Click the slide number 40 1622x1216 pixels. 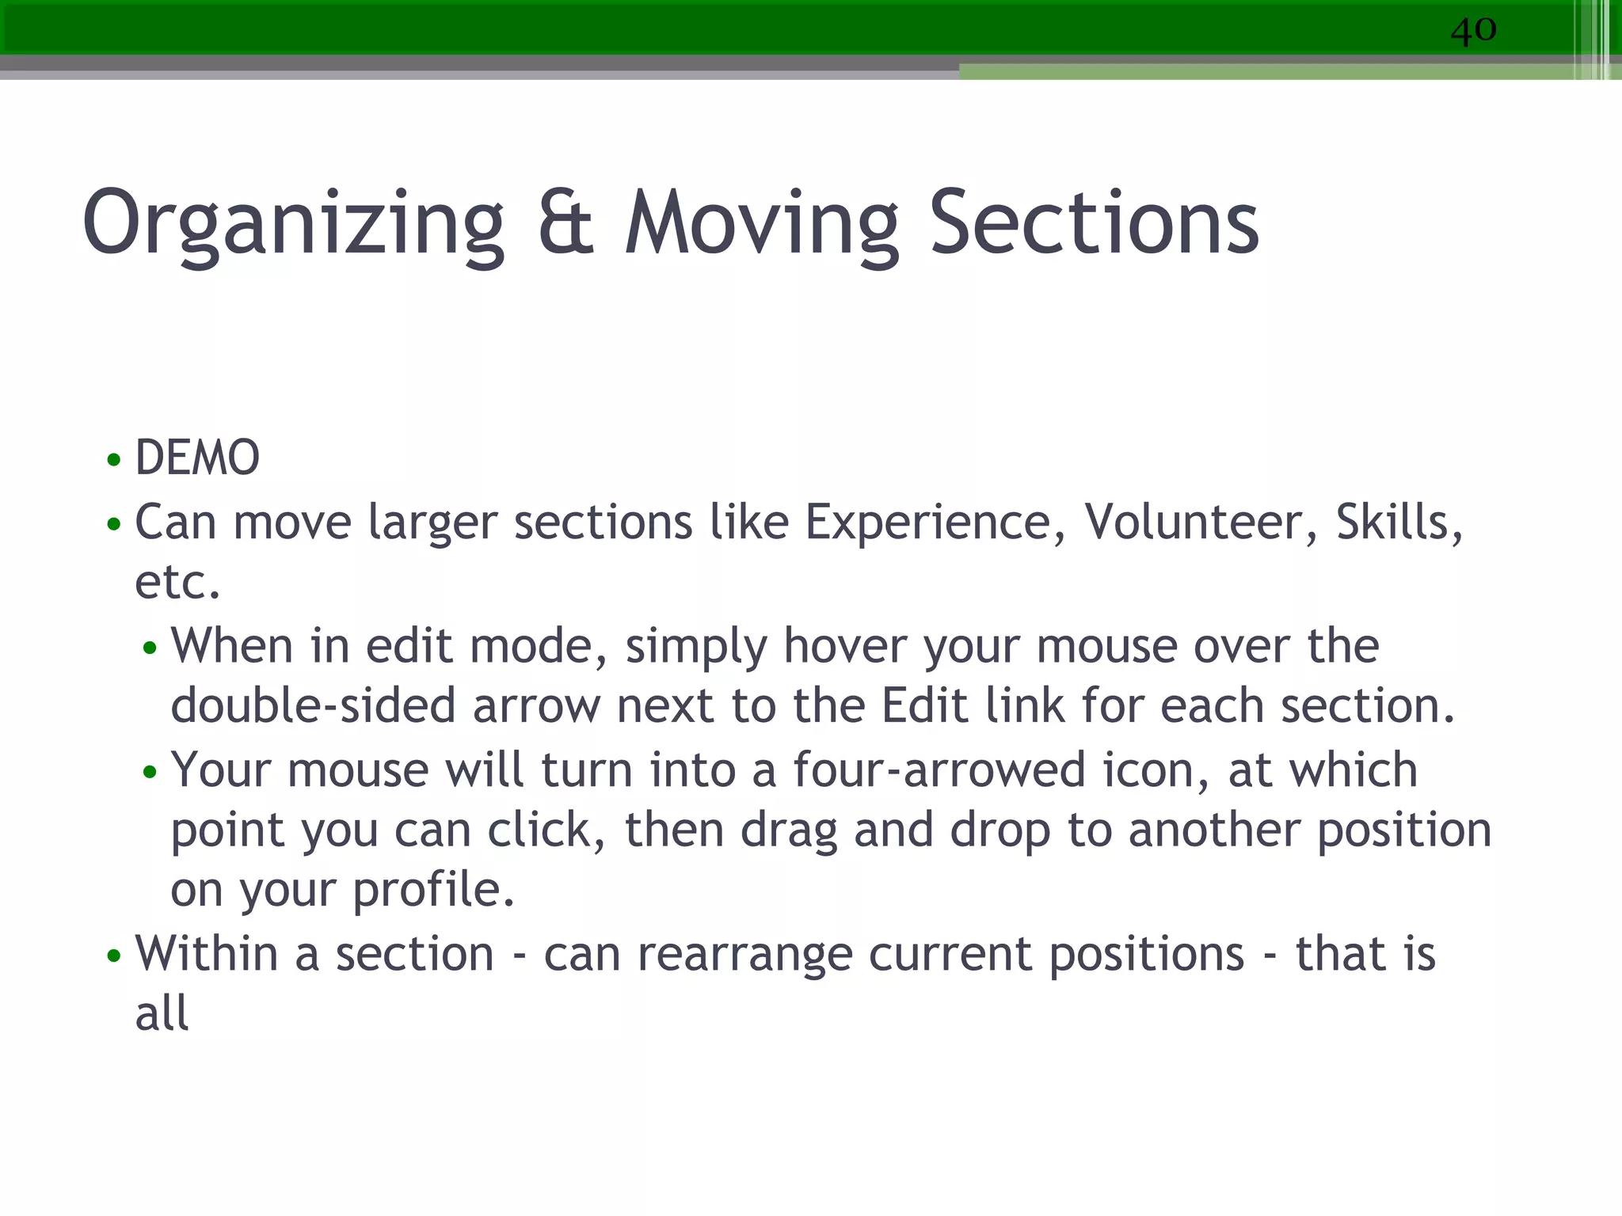click(1473, 30)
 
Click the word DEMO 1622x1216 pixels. click(197, 458)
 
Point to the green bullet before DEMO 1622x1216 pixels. click(114, 459)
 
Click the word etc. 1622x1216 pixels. click(177, 583)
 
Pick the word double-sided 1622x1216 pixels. click(313, 706)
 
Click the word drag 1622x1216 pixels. click(788, 830)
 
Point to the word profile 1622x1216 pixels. click(433, 891)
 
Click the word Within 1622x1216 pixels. click(206, 954)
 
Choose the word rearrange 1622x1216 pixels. click(744, 954)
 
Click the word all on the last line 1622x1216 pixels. click(162, 1014)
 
